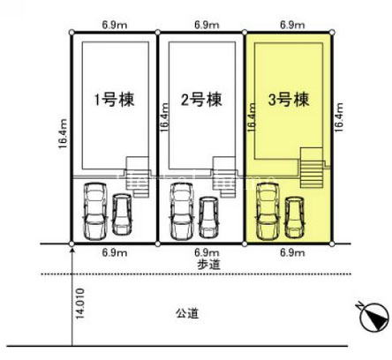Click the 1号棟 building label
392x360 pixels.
(114, 100)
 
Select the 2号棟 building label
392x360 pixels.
(201, 100)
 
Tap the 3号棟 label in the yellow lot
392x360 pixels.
(289, 100)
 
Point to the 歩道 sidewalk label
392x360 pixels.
(208, 265)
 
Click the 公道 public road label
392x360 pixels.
(187, 313)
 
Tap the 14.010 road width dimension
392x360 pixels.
(79, 304)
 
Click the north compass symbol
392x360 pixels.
(373, 316)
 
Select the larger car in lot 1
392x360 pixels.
(94, 211)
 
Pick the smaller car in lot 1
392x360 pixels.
(122, 214)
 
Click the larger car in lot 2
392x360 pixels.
(181, 211)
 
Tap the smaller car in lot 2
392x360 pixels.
(208, 217)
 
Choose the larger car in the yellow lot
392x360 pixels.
(268, 212)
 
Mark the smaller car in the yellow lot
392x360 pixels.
(295, 217)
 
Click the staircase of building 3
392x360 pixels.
(312, 168)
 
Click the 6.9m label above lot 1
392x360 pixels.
(115, 25)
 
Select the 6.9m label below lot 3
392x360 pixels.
(292, 252)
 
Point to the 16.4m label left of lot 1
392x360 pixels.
(64, 134)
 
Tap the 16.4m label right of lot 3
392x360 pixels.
(338, 117)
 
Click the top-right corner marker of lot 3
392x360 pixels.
(332, 32)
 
